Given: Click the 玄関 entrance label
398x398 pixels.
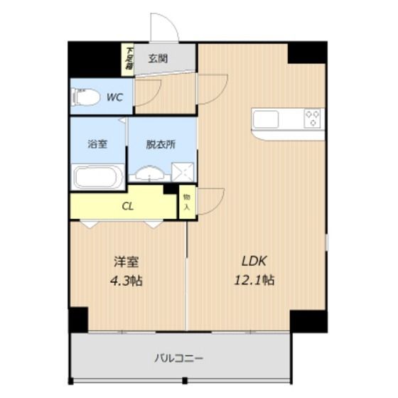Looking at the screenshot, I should click(158, 59).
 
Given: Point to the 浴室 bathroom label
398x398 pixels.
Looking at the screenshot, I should click(98, 144).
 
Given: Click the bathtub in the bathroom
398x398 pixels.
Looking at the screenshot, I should click(98, 176).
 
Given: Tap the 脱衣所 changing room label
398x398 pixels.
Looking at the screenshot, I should click(161, 144).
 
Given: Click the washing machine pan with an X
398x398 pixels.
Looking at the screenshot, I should click(183, 172).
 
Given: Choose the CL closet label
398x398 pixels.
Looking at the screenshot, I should click(128, 207).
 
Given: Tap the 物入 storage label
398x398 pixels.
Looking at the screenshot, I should click(187, 202).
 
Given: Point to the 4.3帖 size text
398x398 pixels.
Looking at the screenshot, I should click(127, 280).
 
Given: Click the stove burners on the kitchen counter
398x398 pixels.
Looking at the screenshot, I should click(313, 118).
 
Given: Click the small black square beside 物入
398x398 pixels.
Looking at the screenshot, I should click(170, 189).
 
